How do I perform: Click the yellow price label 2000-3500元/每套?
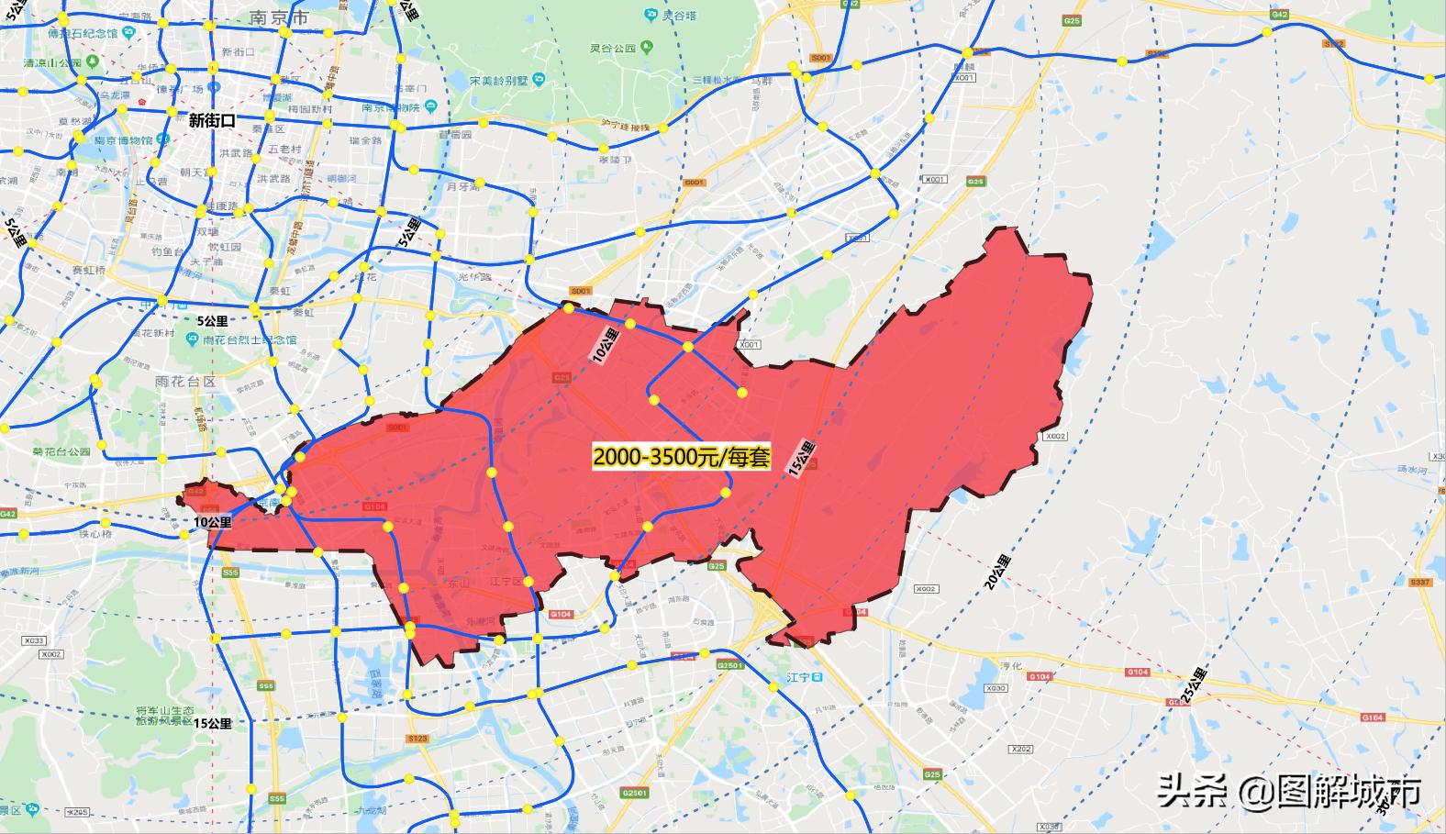681,457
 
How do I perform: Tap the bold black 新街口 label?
212,119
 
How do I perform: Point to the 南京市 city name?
279,18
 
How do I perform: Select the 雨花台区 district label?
184,382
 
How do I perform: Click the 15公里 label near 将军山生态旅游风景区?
212,723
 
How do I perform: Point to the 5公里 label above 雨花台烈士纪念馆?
212,321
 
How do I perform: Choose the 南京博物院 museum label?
390,107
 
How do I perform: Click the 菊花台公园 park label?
61,451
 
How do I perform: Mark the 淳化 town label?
1010,665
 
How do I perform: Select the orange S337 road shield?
1420,582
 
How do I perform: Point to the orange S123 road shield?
417,738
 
